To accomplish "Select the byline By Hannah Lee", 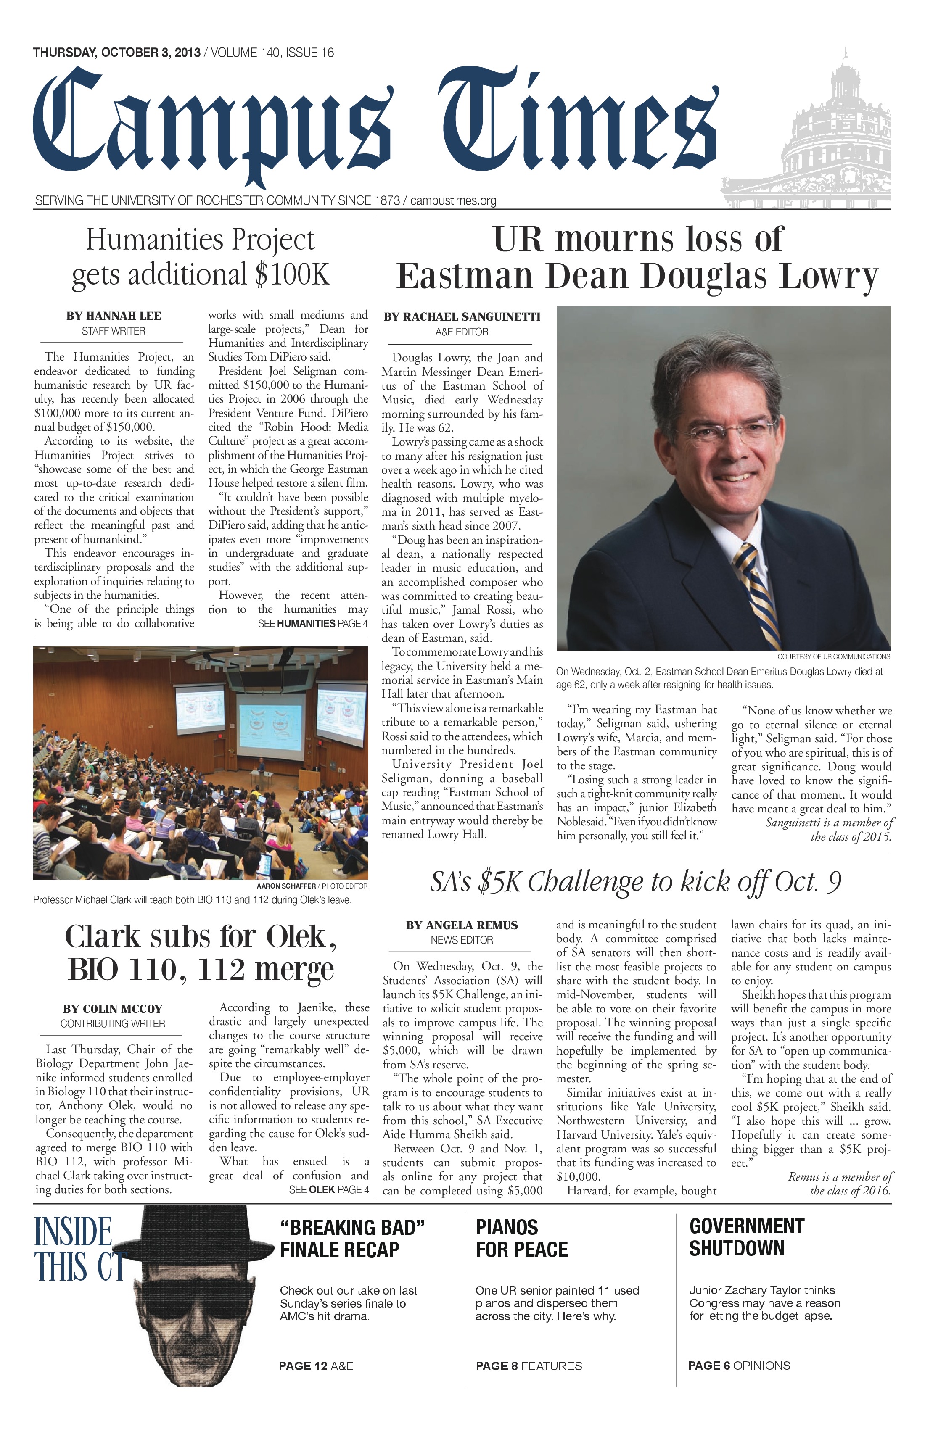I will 114,316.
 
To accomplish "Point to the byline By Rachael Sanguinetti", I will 462,316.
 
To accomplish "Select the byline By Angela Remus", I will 461,925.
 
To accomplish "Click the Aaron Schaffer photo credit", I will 312,886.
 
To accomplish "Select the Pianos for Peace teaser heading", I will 521,1238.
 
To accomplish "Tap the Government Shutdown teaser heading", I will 746,1237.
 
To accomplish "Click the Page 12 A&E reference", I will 316,1366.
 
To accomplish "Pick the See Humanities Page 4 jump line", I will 313,623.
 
